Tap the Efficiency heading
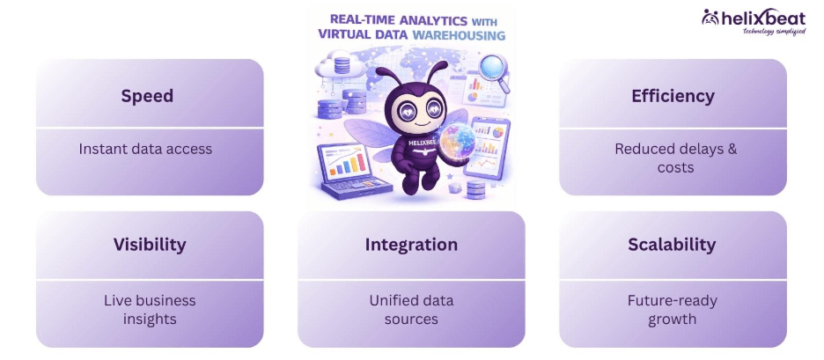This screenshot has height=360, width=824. pos(673,96)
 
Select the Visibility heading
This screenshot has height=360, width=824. pos(150,245)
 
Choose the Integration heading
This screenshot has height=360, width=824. pos(411,245)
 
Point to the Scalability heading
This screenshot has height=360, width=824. pos(672,245)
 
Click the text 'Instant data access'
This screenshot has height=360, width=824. pos(145,149)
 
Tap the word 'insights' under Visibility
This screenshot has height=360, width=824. pos(150,319)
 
